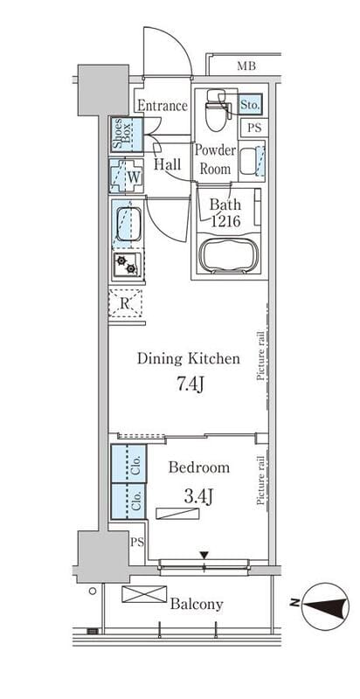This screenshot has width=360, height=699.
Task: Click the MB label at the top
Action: coord(246,67)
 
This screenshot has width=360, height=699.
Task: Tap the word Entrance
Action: coord(163,106)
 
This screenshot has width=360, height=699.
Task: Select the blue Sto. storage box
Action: coord(250,105)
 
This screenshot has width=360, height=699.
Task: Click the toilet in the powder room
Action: coord(217,110)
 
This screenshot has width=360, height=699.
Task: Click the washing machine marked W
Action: coord(127,176)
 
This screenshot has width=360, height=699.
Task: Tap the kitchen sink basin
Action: coord(128,224)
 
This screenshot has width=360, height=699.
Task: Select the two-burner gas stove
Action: coord(127,264)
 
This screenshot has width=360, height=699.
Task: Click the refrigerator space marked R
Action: coord(125,303)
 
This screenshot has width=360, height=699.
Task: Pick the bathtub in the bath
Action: coord(229,256)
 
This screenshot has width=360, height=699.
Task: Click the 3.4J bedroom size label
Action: coord(197,495)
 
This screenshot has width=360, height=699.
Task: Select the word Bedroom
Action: coord(199,467)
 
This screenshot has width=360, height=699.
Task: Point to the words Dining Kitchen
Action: coord(189,358)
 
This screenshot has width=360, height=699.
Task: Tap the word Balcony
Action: coord(197,604)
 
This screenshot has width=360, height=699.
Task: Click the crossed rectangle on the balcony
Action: coord(144,594)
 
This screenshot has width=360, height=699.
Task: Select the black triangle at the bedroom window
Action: coord(204,555)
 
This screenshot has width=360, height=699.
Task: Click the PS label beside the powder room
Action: coord(255,128)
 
